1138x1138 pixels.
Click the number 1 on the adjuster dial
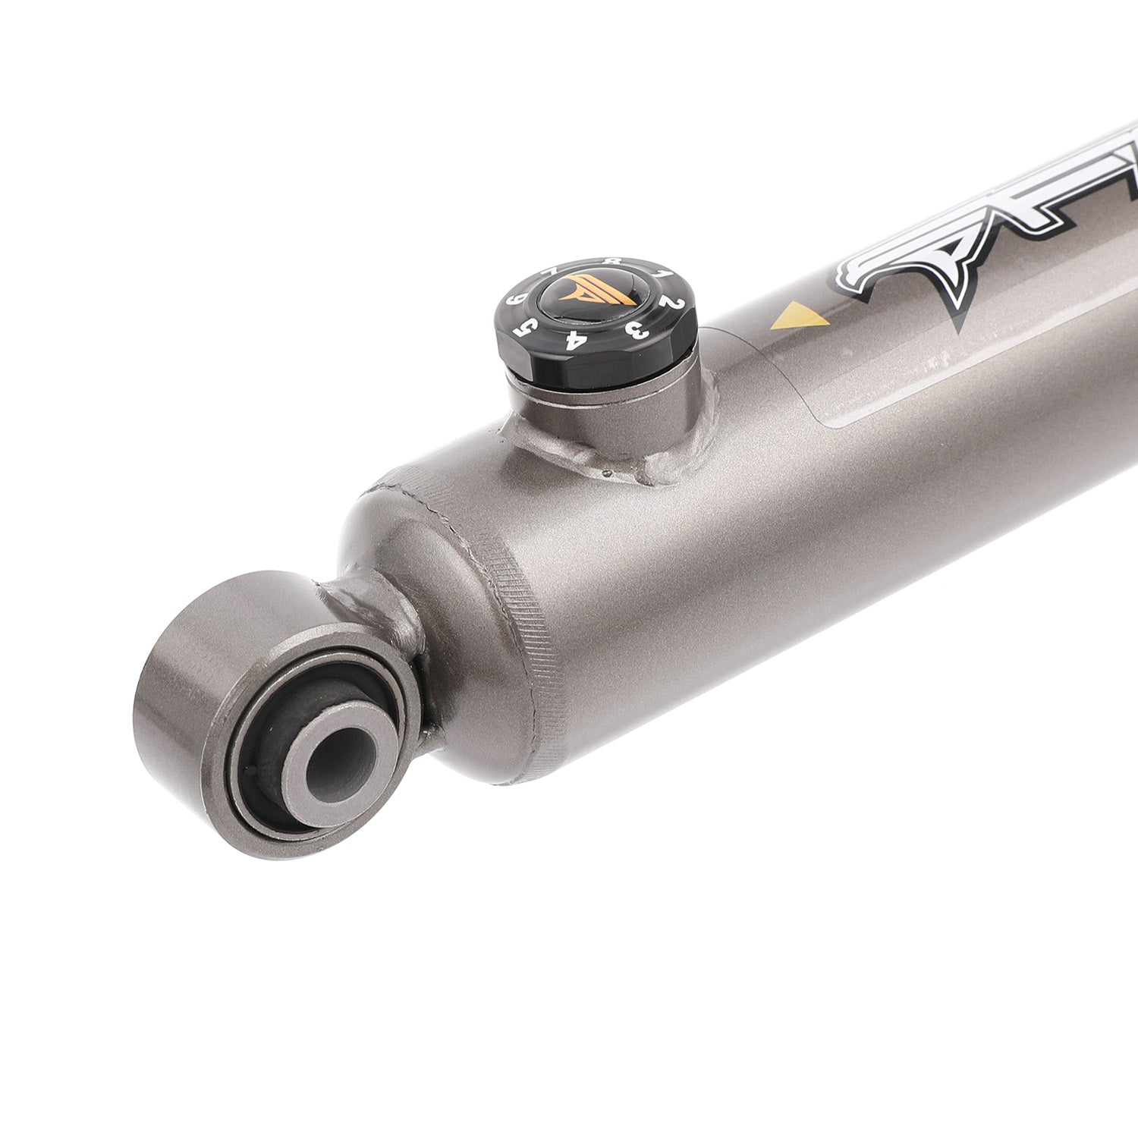point(662,273)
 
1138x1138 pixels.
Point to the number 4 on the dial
point(576,339)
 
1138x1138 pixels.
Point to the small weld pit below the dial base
point(609,474)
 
